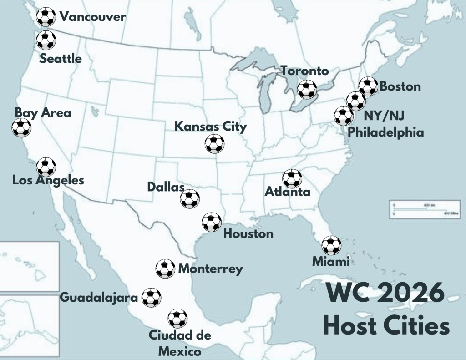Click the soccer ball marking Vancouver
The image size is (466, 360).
pyautogui.click(x=46, y=17)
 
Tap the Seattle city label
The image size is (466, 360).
pyautogui.click(x=61, y=59)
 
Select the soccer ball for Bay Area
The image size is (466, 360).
pyautogui.click(x=21, y=128)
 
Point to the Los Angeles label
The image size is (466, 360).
pyautogui.click(x=48, y=180)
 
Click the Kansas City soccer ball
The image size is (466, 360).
pyautogui.click(x=214, y=144)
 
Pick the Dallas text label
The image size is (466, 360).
pyautogui.click(x=166, y=187)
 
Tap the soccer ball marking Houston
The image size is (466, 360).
pyautogui.click(x=212, y=222)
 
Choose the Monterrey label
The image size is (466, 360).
pyautogui.click(x=210, y=269)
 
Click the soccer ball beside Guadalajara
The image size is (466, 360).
pyautogui.click(x=151, y=298)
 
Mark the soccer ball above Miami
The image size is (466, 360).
pyautogui.click(x=331, y=245)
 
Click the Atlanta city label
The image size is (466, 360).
pyautogui.click(x=288, y=192)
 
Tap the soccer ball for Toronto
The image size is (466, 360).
pyautogui.click(x=307, y=89)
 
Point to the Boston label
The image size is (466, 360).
pyautogui.click(x=400, y=86)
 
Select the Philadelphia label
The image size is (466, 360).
pyautogui.click(x=386, y=132)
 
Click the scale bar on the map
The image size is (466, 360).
pyautogui.click(x=424, y=209)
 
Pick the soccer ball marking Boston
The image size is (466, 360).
pyautogui.click(x=368, y=86)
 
